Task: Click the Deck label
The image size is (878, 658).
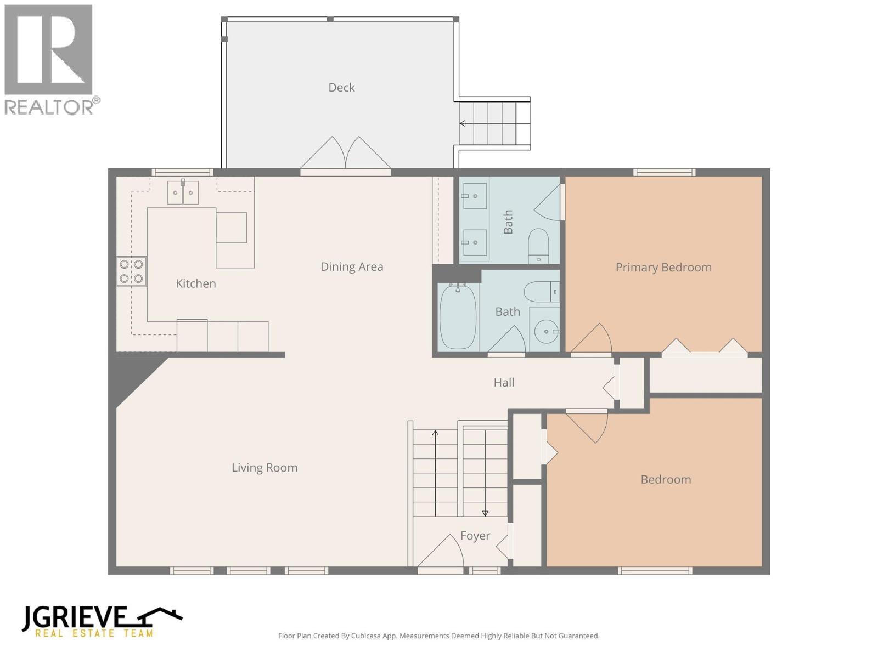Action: (341, 88)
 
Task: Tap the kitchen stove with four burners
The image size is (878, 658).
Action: (132, 271)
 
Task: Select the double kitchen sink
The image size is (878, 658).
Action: (183, 192)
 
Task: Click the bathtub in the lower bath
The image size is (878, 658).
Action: (458, 316)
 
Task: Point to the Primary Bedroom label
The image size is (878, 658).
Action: (663, 268)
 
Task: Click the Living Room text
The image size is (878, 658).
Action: (264, 468)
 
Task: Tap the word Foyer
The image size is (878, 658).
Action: (475, 536)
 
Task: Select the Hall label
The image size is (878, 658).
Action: (503, 383)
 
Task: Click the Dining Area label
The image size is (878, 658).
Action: (352, 267)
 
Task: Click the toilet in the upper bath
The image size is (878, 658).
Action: (538, 245)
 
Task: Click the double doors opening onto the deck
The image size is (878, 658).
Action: (345, 154)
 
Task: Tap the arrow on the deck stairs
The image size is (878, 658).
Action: (463, 123)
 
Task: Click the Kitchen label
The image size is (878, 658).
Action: (195, 283)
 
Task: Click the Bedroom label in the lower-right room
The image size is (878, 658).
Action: (666, 480)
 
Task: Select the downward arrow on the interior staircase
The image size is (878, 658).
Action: (485, 513)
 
